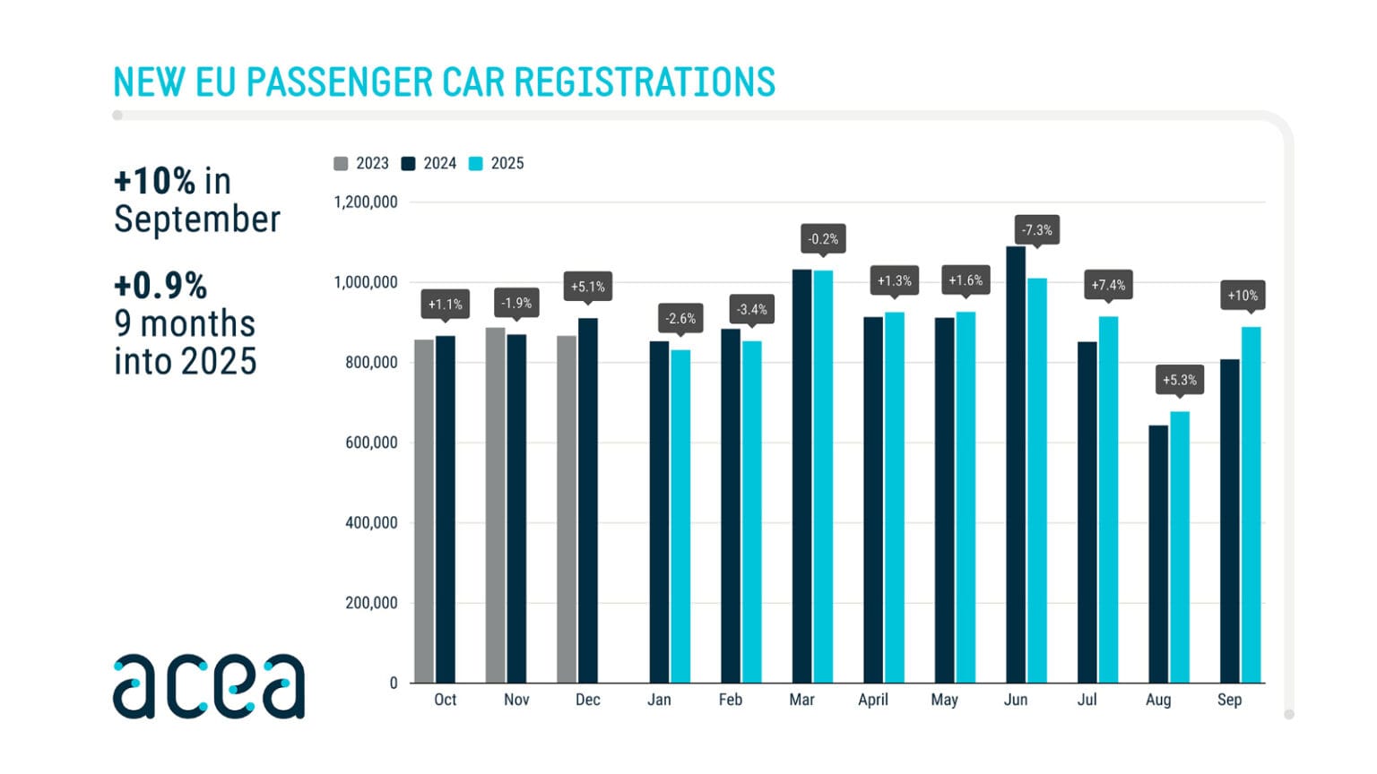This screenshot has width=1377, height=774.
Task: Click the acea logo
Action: click(208, 686)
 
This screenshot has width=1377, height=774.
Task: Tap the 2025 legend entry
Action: click(497, 163)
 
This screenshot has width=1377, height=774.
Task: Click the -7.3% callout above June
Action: click(1036, 230)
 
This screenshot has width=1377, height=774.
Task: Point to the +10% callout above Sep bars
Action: click(1242, 296)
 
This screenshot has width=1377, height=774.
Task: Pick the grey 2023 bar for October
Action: click(424, 511)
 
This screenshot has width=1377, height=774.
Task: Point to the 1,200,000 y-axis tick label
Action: click(366, 202)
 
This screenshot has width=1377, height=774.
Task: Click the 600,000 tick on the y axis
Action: click(371, 443)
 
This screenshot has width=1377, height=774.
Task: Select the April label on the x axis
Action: click(873, 700)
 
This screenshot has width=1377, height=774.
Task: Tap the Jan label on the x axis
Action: click(659, 700)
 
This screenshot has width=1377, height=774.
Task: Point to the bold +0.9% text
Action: click(160, 286)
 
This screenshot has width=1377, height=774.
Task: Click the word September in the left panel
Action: click(197, 219)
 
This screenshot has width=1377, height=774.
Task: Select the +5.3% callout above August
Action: click(1179, 380)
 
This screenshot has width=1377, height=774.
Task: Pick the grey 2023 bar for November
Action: click(495, 505)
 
